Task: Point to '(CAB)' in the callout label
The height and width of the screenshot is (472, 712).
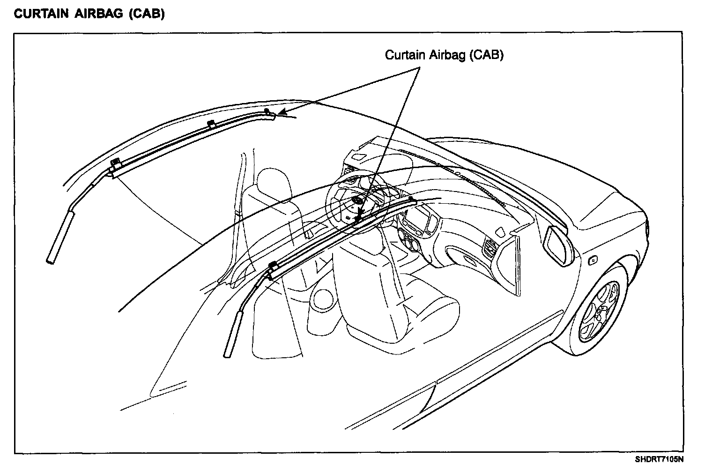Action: coord(487,55)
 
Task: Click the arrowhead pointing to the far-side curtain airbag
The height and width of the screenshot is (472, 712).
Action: coord(281,113)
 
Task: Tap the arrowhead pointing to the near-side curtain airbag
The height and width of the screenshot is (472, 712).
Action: coord(359,216)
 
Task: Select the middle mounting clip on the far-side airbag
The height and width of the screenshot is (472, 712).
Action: coord(211,124)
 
